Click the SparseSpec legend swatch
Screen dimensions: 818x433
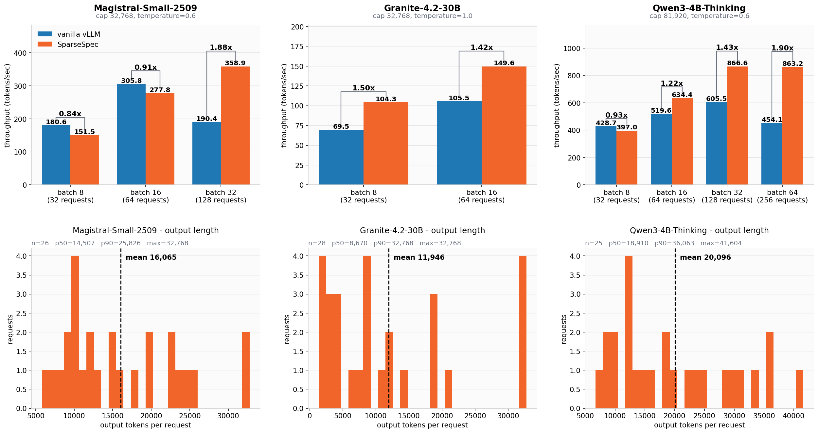(x=44, y=44)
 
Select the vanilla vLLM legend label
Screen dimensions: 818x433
(x=79, y=34)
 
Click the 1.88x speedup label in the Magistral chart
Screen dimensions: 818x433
(x=221, y=47)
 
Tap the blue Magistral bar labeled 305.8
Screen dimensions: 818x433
(x=131, y=134)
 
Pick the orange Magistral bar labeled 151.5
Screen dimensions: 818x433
(x=85, y=160)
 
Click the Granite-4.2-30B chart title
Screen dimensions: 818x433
(x=422, y=8)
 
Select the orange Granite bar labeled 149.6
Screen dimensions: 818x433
(x=504, y=125)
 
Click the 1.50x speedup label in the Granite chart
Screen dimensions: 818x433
(x=364, y=88)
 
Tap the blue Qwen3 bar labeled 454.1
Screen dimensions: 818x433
(x=772, y=154)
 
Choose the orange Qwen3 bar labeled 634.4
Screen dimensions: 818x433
(x=682, y=141)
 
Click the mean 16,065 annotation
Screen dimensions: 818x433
(x=151, y=257)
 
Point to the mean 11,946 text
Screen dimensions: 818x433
(x=419, y=257)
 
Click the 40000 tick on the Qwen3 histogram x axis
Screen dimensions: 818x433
(x=793, y=416)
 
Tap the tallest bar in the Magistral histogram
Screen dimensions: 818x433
(x=75, y=332)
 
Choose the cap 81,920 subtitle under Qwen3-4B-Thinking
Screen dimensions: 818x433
(x=699, y=16)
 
